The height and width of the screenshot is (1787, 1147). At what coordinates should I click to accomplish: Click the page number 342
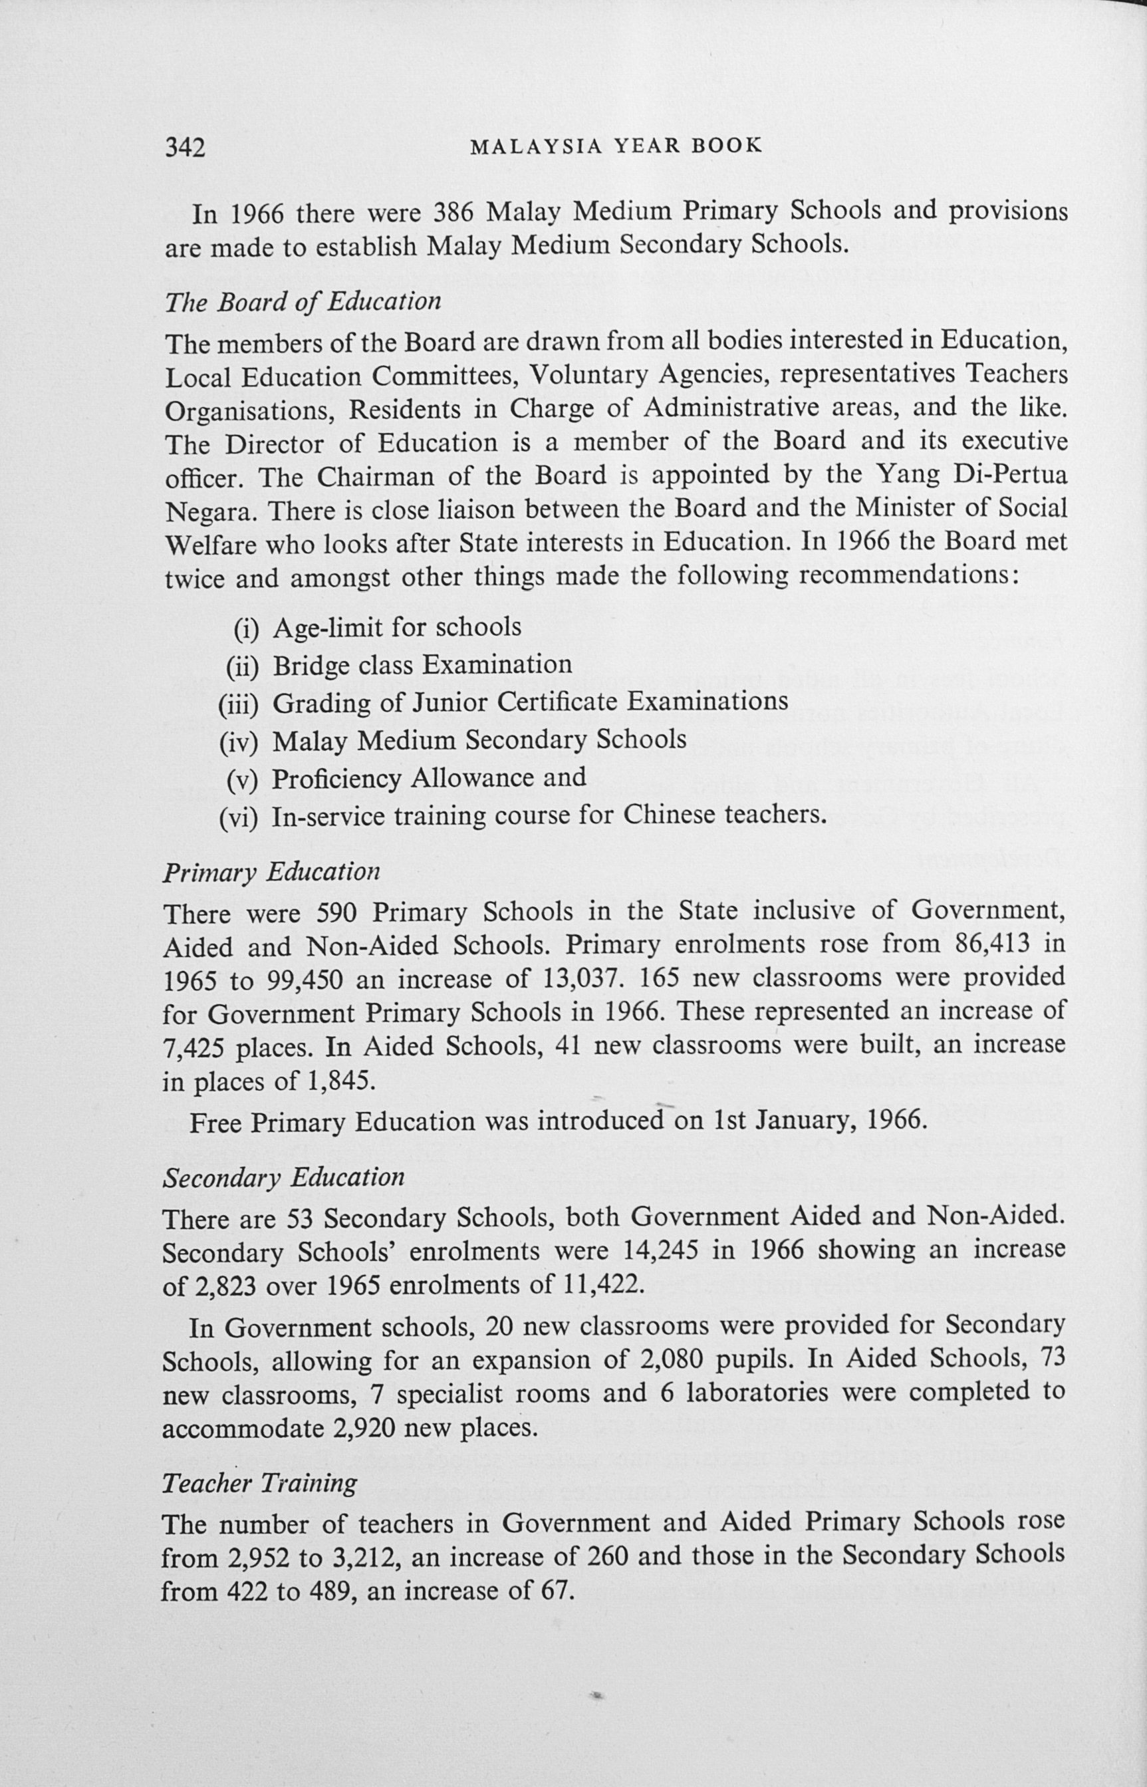[x=185, y=148]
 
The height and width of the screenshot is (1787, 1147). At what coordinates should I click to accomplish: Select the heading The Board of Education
[x=303, y=302]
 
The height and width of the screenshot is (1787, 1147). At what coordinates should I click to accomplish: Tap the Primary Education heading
[x=271, y=871]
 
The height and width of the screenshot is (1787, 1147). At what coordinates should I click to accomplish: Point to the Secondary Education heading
[x=283, y=1177]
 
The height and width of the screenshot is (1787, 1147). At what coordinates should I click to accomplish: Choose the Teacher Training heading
[x=259, y=1483]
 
